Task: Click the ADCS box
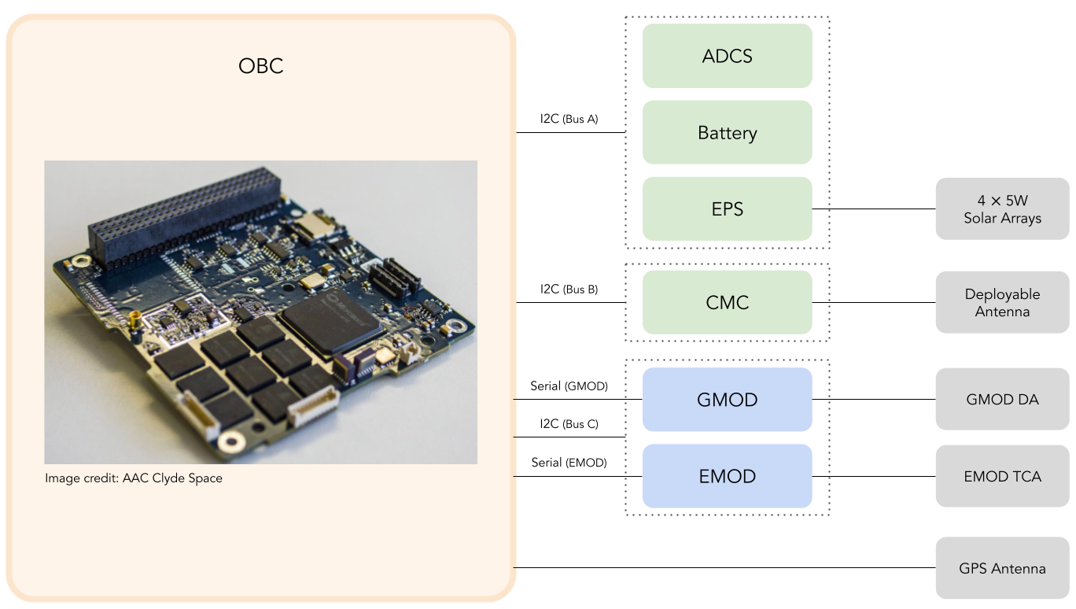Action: coord(727,56)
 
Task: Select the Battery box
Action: coord(727,132)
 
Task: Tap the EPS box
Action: coord(727,209)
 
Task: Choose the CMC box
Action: coord(727,302)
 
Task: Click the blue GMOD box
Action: coord(727,400)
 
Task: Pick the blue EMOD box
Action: coord(727,476)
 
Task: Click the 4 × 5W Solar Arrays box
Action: coord(1002,209)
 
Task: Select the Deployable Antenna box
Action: coord(1002,302)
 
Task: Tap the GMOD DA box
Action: coord(1002,400)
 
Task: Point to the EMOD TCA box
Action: coord(1002,476)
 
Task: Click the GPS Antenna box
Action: coord(1002,568)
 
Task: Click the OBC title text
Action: coord(260,66)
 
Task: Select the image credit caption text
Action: coord(134,478)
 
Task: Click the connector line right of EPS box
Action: coord(820,209)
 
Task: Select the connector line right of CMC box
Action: coord(820,302)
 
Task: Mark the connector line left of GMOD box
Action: coord(634,400)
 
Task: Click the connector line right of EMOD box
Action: coord(820,476)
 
